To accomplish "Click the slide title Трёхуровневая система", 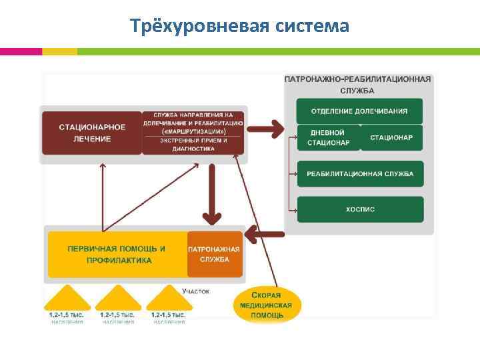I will click(239, 26).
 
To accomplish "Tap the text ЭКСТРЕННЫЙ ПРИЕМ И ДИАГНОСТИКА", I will click(193, 145).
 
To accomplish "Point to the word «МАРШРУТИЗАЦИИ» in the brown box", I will click(193, 131).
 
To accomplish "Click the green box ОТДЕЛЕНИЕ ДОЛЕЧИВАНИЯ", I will click(359, 111).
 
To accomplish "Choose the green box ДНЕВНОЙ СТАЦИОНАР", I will click(327, 137).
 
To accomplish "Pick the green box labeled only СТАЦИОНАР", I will click(391, 137).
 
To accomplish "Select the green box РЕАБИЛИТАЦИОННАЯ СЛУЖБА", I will click(359, 174).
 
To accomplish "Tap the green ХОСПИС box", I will click(359, 209).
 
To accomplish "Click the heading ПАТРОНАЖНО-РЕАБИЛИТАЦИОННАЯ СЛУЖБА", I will click(358, 84).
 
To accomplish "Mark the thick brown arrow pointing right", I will click(268, 125).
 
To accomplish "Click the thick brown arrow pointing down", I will click(212, 193).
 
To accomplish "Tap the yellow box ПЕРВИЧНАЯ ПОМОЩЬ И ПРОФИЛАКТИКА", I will click(117, 254).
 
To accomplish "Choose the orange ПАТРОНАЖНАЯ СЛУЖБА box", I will click(214, 254).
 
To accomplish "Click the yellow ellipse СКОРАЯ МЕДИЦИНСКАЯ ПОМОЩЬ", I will click(267, 305).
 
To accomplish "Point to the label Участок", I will click(196, 291).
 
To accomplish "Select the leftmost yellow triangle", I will click(67, 300).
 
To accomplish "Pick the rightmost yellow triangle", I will click(169, 300).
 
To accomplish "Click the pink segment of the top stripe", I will click(21, 51).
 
